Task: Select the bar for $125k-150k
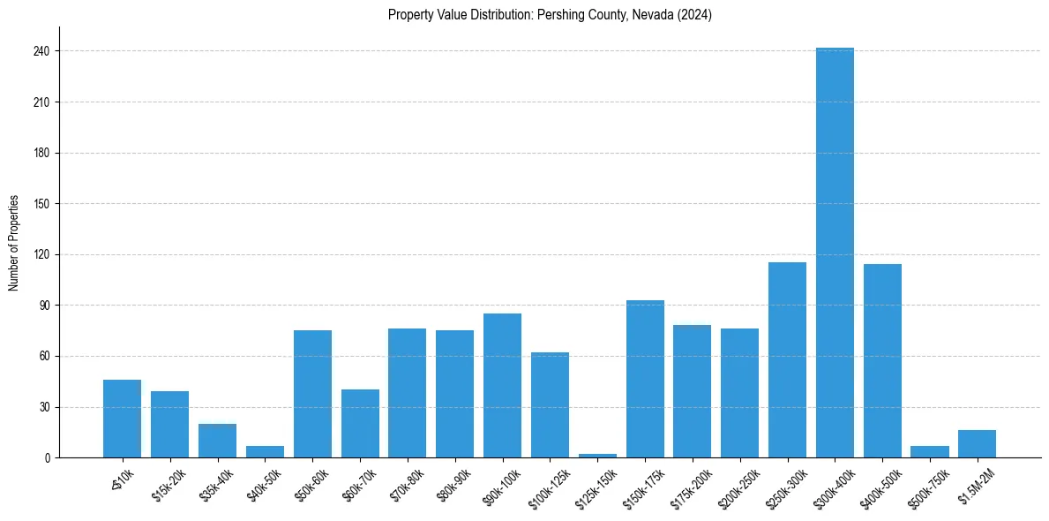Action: [597, 456]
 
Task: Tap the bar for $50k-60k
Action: [312, 394]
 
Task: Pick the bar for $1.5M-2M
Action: [977, 444]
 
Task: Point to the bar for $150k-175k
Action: [645, 379]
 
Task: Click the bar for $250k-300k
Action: [787, 360]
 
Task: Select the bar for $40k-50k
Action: [265, 452]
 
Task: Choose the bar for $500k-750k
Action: [929, 452]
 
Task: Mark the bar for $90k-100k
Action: [502, 386]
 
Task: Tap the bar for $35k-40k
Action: [217, 441]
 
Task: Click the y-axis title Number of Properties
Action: [14, 243]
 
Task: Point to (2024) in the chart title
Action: [695, 14]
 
